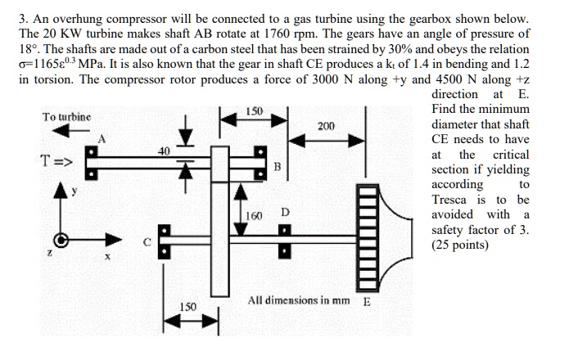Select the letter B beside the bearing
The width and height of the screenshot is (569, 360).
click(277, 167)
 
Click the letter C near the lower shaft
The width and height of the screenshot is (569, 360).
click(147, 242)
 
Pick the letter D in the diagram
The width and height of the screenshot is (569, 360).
click(284, 213)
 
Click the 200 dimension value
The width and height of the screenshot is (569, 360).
click(326, 126)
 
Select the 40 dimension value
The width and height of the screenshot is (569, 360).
click(165, 151)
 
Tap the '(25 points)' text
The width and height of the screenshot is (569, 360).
click(460, 245)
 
